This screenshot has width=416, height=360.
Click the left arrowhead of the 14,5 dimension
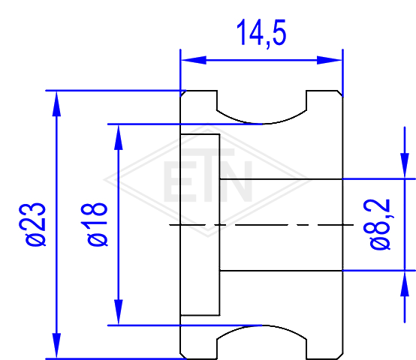click(x=194, y=60)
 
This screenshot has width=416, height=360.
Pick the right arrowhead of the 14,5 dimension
click(x=330, y=60)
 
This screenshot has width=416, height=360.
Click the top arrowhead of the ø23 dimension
click(x=56, y=103)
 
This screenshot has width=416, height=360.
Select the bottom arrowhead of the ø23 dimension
click(x=56, y=346)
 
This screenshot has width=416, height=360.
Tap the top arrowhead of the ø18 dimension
click(x=119, y=137)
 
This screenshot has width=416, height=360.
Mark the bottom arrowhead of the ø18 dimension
click(x=119, y=312)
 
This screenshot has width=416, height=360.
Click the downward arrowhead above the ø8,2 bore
click(x=405, y=166)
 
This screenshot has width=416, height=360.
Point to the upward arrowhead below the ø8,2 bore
click(x=405, y=284)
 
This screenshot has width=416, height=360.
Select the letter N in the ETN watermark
click(x=236, y=181)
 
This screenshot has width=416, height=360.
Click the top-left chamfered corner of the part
click(x=183, y=94)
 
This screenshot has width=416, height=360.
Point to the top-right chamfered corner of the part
click(x=340, y=94)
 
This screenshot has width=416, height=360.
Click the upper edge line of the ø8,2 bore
click(x=282, y=179)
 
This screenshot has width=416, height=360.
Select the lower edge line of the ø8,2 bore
click(x=282, y=271)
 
